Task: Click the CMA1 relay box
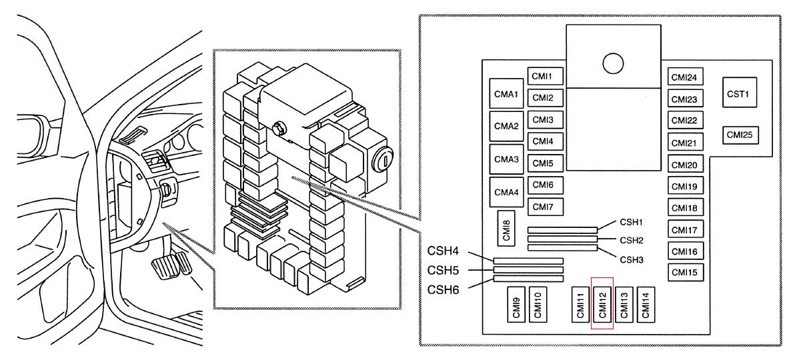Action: coord(506,95)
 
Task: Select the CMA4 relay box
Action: coord(506,193)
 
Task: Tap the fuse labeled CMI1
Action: coord(545,76)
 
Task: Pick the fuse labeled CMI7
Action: coord(545,207)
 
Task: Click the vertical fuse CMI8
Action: coord(508,228)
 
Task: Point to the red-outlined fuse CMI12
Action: coord(602,305)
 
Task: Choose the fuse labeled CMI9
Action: coord(516,305)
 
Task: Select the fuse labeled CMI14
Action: coord(646,305)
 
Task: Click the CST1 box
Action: coord(739,94)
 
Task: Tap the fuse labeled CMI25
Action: coord(739,135)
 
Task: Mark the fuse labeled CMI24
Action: coord(684,78)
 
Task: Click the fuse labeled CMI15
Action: coord(684,272)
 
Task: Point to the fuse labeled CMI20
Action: coord(684,165)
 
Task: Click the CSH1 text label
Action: coord(631,222)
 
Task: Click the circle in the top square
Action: coord(612,64)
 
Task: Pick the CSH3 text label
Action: coord(631,259)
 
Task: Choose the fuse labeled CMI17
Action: coord(684,230)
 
